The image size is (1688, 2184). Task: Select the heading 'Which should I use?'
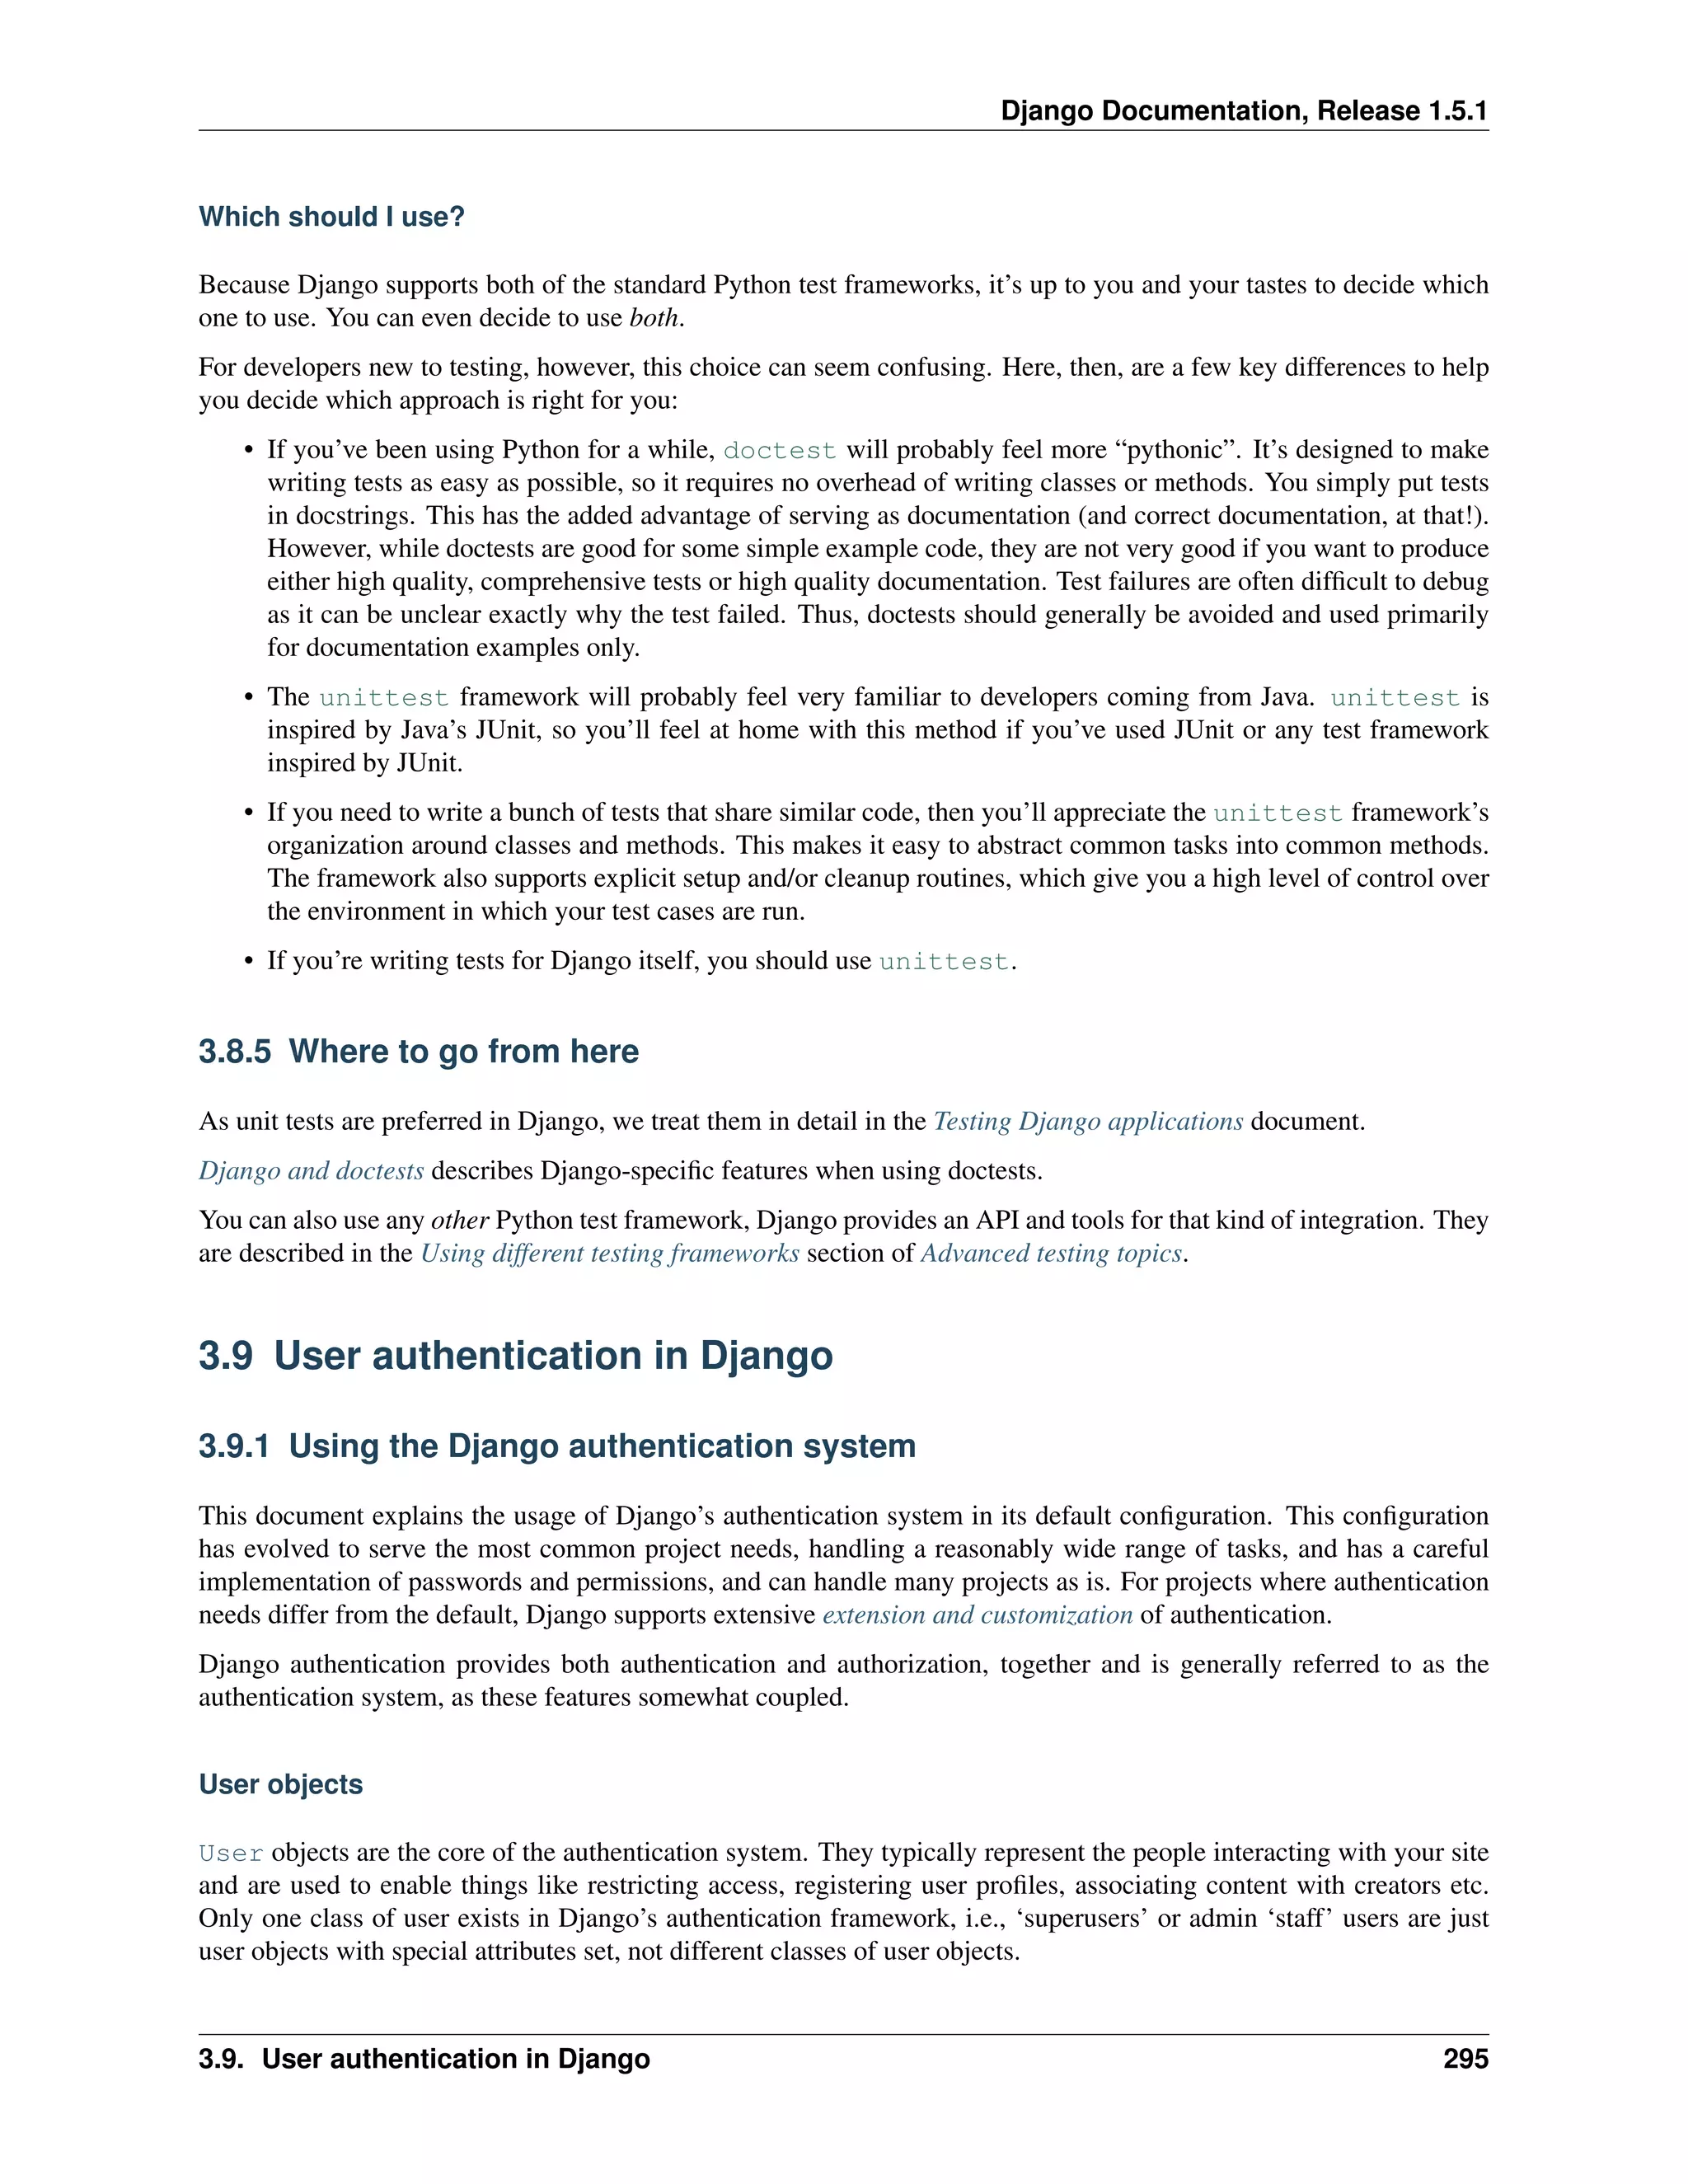pos(331,217)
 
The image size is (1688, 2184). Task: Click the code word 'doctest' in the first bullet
pos(779,451)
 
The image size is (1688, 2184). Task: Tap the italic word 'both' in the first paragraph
pos(654,318)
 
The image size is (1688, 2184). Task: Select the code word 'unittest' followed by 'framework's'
pos(1277,813)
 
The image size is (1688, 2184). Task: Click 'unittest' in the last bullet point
pos(943,961)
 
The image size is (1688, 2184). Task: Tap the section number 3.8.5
pos(235,1052)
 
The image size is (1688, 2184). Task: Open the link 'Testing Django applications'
pos(1088,1122)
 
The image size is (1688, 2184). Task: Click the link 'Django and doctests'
pos(311,1171)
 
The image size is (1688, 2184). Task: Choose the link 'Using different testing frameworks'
pos(610,1254)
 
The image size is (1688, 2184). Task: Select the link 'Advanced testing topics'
pos(1051,1254)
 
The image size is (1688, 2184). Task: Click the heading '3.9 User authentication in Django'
pos(515,1356)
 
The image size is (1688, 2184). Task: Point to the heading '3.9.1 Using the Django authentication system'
pos(557,1446)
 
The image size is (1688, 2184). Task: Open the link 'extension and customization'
pos(977,1615)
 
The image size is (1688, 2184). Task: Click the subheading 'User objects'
pos(281,1785)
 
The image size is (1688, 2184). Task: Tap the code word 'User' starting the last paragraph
pos(231,1853)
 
